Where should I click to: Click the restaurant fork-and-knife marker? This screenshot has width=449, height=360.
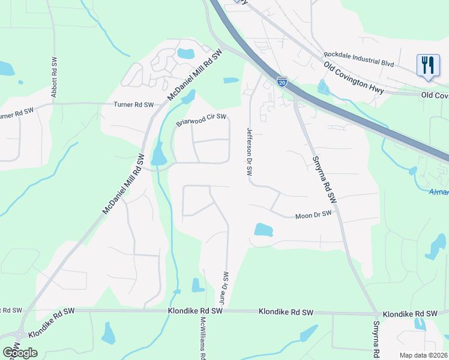(x=427, y=65)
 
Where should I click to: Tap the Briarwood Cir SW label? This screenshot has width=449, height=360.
(x=201, y=120)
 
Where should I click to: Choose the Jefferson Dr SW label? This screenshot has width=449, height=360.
(x=249, y=151)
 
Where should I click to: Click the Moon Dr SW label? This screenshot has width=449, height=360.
(x=313, y=215)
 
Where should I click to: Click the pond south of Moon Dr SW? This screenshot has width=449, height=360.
(x=263, y=230)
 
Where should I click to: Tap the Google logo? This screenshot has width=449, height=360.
(x=20, y=352)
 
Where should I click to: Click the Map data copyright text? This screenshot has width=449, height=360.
(x=424, y=355)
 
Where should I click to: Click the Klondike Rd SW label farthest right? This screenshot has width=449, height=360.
(x=410, y=314)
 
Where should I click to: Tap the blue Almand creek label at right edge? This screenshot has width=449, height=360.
(x=439, y=192)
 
